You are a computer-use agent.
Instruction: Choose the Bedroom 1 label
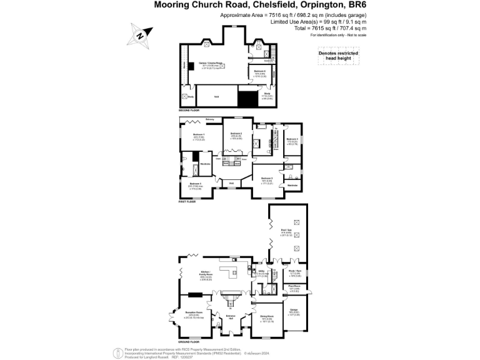(199, 135)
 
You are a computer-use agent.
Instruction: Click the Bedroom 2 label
(236, 133)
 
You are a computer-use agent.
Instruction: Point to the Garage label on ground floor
(294, 312)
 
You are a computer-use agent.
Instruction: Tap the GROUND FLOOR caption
(188, 342)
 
